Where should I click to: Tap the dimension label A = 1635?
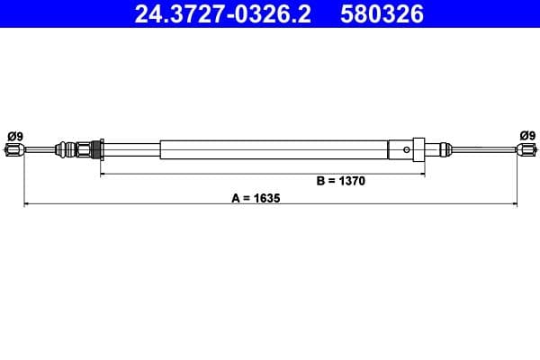tap(256, 197)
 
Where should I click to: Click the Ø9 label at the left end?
tap(15, 136)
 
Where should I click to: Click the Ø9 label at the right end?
tap(526, 136)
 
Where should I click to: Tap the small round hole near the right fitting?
tap(408, 149)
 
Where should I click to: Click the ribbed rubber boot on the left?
tap(67, 148)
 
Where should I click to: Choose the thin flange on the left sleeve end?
tap(101, 148)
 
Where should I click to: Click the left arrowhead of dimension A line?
tap(26, 205)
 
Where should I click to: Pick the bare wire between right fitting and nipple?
tap(481, 149)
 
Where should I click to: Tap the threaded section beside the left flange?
tap(86, 148)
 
